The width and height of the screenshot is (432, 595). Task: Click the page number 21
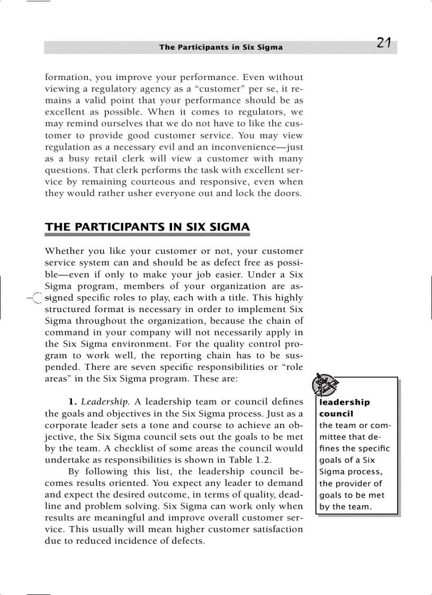click(x=384, y=43)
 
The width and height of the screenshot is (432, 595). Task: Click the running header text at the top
click(x=221, y=47)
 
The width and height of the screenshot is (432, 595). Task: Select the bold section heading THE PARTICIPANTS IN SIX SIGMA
click(x=147, y=227)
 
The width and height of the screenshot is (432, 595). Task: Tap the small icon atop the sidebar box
click(x=324, y=385)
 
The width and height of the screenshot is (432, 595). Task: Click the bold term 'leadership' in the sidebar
click(x=345, y=402)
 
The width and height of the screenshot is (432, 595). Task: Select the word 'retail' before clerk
click(x=109, y=158)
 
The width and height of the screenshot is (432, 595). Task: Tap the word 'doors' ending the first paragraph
click(x=290, y=193)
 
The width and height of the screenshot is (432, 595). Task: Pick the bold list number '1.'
click(x=73, y=402)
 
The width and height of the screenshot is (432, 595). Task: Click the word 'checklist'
click(x=137, y=448)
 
